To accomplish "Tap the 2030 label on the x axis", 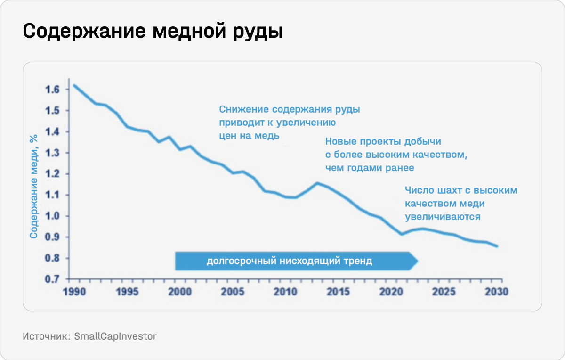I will (x=496, y=292).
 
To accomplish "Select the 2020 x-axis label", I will (x=391, y=292).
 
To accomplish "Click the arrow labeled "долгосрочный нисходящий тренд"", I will (x=290, y=261).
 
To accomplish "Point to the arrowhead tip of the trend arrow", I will (x=417, y=261).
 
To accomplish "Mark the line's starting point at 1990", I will (x=74, y=85).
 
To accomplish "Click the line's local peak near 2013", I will (x=317, y=183).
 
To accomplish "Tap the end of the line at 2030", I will (x=497, y=246).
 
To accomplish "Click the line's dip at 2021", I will (x=402, y=234).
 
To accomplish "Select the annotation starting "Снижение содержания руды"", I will (x=290, y=123).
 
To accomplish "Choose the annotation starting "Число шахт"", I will (x=461, y=204).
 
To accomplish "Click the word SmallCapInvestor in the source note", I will (x=115, y=336).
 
